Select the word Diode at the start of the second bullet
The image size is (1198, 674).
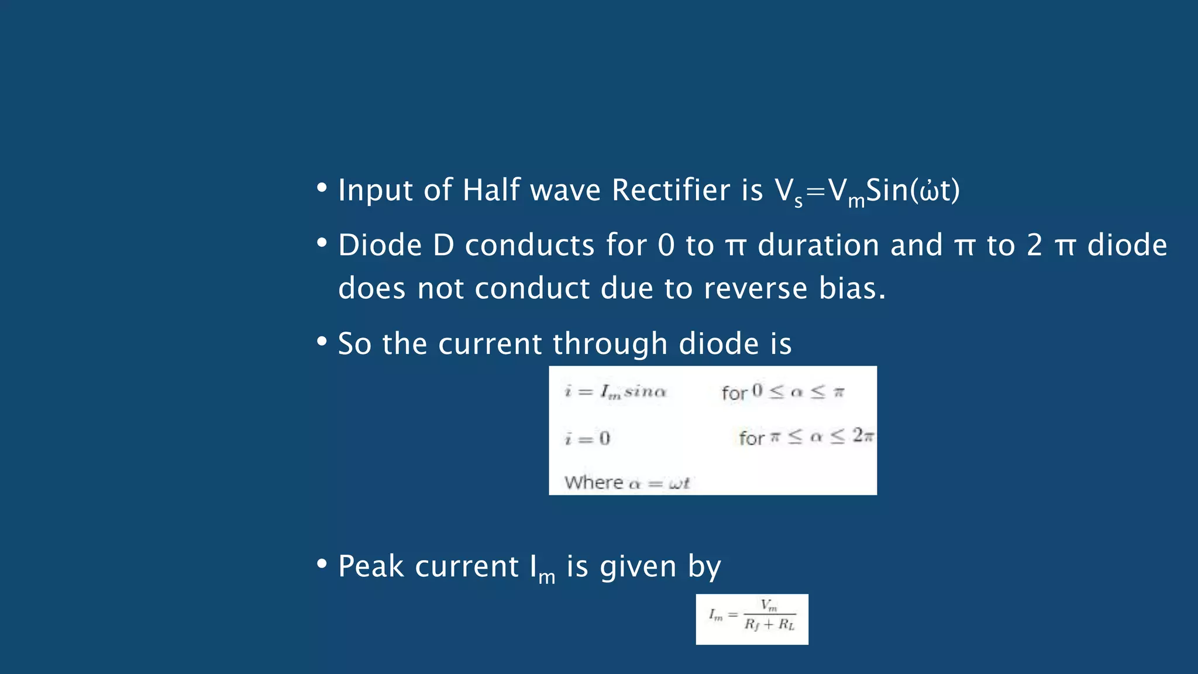point(380,245)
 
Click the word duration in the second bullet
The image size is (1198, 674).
point(818,245)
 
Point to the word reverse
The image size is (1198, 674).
point(755,288)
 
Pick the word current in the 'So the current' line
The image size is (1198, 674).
point(490,344)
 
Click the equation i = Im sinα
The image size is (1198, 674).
point(615,391)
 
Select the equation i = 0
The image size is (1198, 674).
point(587,438)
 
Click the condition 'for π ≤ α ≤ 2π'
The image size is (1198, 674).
point(806,437)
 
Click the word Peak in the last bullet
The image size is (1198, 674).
point(371,567)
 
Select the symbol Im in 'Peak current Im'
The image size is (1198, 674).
point(542,569)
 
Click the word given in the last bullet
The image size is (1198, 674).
point(638,567)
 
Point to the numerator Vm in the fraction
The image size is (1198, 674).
point(769,605)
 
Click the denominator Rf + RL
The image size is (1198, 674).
point(769,625)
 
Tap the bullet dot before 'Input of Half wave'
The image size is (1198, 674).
point(321,188)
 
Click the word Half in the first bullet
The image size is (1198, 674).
point(491,191)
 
